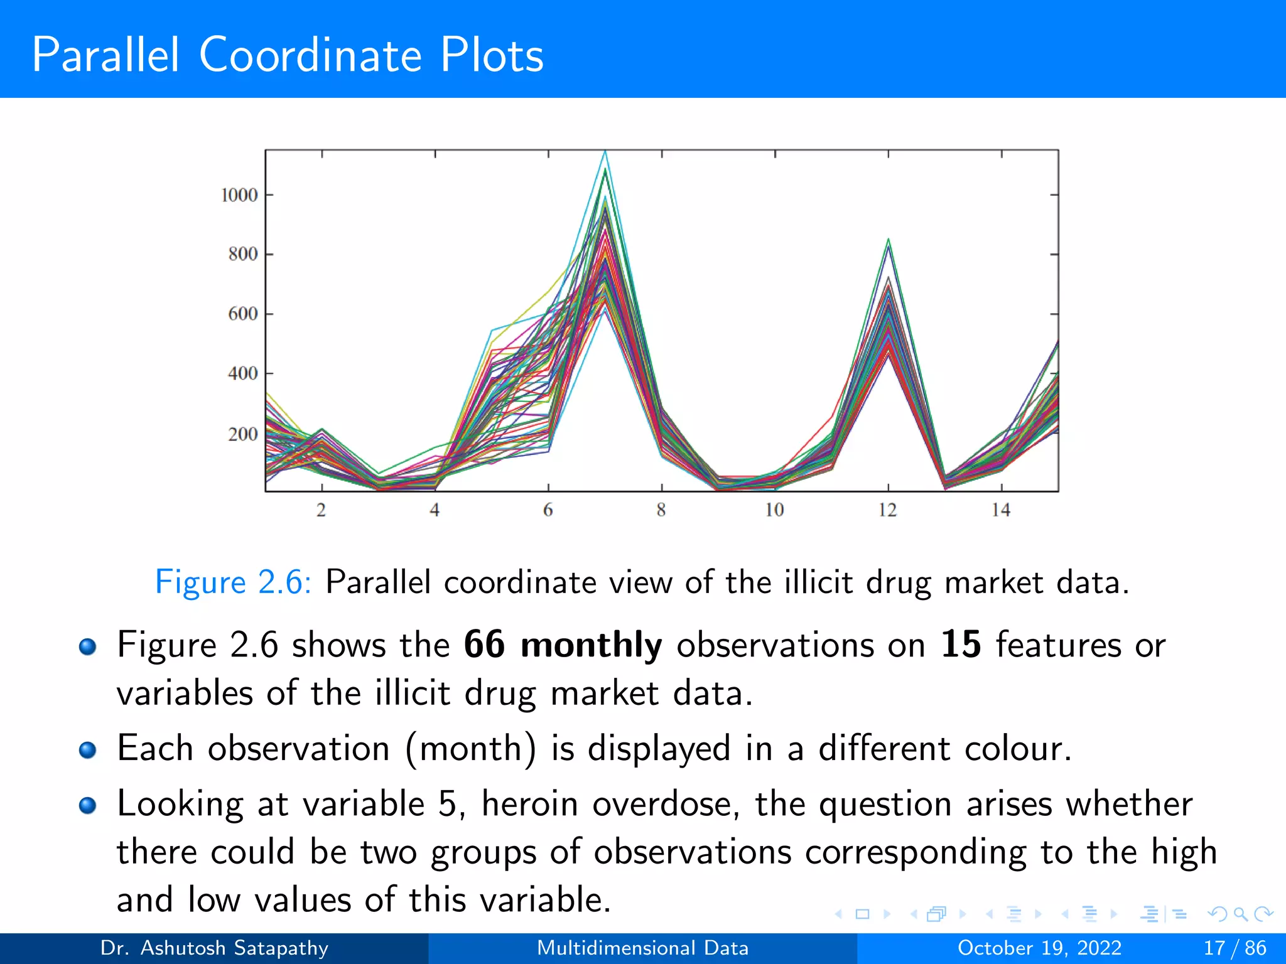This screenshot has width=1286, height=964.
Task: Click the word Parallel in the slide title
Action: click(x=105, y=55)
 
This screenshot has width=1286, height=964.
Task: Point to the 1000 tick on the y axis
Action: click(x=239, y=195)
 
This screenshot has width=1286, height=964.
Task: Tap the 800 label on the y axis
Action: click(x=243, y=254)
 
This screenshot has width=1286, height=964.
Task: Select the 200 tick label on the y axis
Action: click(x=243, y=434)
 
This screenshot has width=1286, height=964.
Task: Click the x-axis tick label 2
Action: click(x=321, y=510)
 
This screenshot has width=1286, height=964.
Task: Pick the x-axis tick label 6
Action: click(x=548, y=510)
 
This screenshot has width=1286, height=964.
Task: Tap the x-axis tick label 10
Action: click(x=774, y=510)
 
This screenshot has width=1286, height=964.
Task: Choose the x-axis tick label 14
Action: click(x=1001, y=510)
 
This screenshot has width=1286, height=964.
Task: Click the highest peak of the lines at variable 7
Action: click(x=605, y=152)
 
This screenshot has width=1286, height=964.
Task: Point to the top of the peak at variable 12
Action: click(x=888, y=240)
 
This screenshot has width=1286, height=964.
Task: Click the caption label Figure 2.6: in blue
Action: click(x=233, y=582)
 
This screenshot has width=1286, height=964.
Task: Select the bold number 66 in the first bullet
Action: click(x=484, y=645)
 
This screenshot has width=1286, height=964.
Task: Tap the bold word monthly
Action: click(x=591, y=646)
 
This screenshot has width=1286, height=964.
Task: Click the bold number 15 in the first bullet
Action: click(x=961, y=645)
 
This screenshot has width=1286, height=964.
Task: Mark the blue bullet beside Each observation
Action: click(x=88, y=749)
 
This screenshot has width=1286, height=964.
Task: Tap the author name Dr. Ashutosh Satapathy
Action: click(x=214, y=948)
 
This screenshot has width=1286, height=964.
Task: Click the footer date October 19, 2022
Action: click(x=1039, y=948)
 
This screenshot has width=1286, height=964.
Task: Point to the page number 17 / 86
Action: click(x=1235, y=948)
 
